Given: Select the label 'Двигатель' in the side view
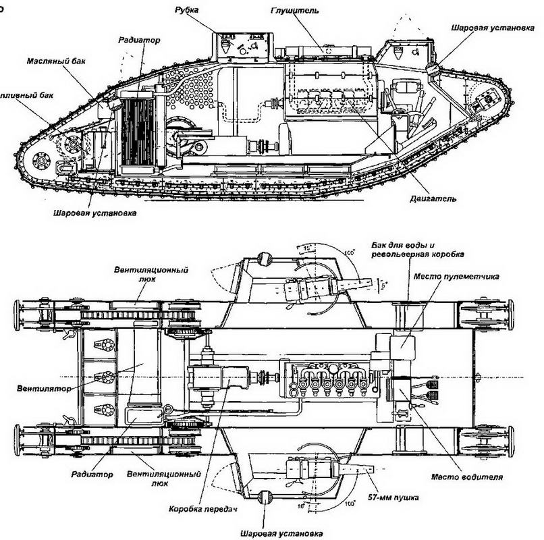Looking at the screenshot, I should (433, 199).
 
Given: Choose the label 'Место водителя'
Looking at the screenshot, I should (474, 477).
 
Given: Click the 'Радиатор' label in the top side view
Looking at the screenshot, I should (140, 40).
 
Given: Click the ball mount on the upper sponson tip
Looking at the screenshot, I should (265, 256).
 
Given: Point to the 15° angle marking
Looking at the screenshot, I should (306, 248).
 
